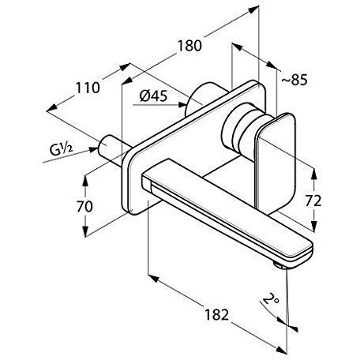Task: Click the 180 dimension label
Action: pyautogui.click(x=189, y=46)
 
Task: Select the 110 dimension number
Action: pyautogui.click(x=88, y=88)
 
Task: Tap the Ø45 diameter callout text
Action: pyautogui.click(x=153, y=96)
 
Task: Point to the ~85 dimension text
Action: pyautogui.click(x=294, y=80)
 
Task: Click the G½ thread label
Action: pyautogui.click(x=61, y=150)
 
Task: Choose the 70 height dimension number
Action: pyautogui.click(x=84, y=206)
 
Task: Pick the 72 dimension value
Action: pyautogui.click(x=313, y=201)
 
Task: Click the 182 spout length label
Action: pyautogui.click(x=217, y=314)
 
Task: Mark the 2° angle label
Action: pyautogui.click(x=272, y=299)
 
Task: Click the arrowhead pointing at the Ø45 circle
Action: pyautogui.click(x=182, y=105)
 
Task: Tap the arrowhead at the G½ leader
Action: pyautogui.click(x=94, y=150)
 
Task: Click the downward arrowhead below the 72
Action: pyautogui.click(x=313, y=227)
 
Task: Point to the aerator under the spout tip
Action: pyautogui.click(x=279, y=265)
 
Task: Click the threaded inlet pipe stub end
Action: pyautogui.click(x=103, y=147)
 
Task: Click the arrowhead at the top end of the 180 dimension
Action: pyautogui.click(x=253, y=10)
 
